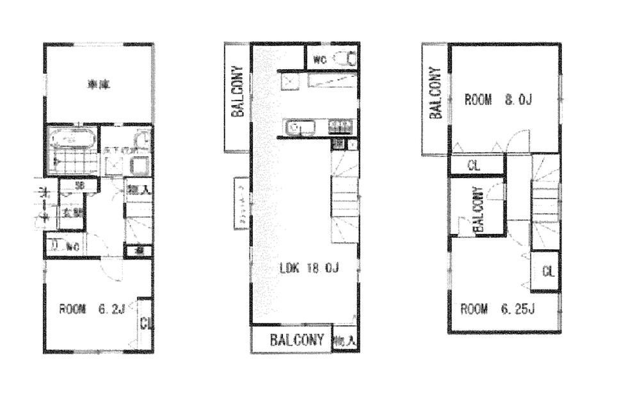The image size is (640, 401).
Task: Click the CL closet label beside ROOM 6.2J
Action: [x=145, y=323]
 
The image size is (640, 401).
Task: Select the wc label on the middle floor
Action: [x=320, y=60]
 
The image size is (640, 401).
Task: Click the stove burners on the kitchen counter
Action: [x=340, y=127]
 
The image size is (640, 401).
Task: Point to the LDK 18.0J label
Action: [x=308, y=269]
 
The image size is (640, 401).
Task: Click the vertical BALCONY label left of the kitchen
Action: [x=237, y=92]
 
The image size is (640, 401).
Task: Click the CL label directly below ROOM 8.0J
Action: [x=473, y=165]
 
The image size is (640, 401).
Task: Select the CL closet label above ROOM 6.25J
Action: [x=547, y=271]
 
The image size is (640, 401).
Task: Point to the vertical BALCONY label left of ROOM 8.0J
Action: [x=435, y=94]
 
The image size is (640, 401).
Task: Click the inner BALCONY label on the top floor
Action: [x=477, y=209]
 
